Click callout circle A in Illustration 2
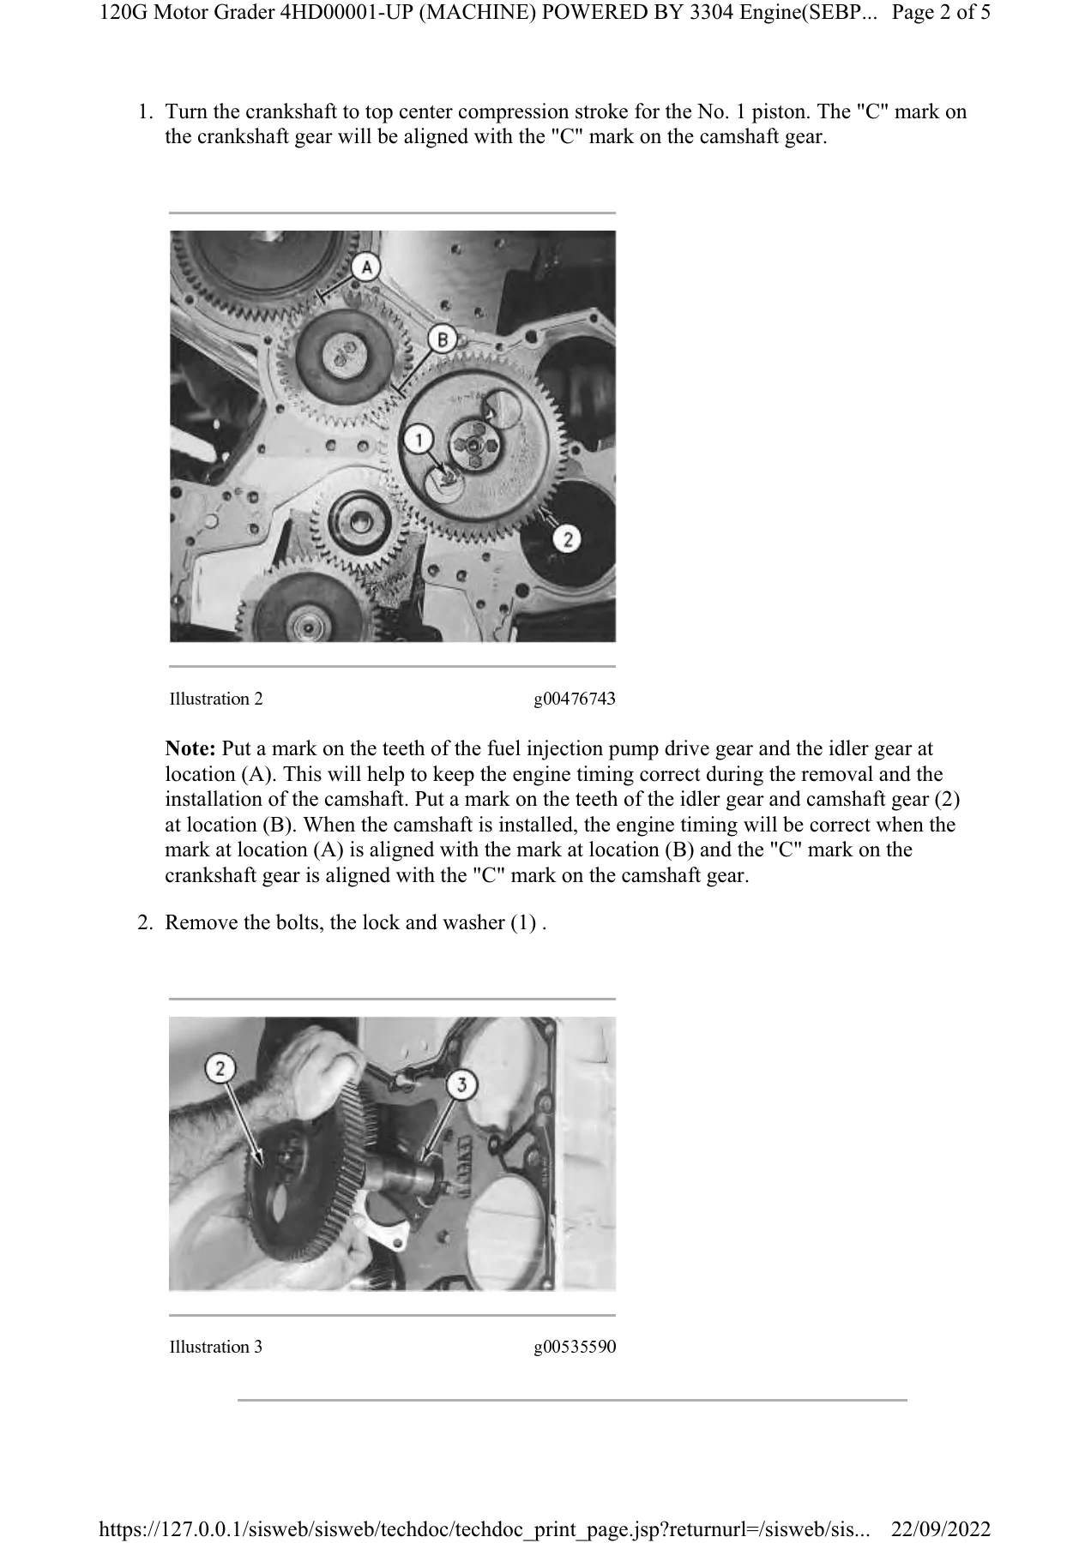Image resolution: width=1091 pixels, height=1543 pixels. (x=366, y=268)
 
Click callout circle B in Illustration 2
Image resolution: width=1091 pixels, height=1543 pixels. (x=442, y=339)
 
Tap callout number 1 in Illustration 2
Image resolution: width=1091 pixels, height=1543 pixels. (x=419, y=441)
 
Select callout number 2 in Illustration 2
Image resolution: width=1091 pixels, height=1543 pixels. (x=567, y=538)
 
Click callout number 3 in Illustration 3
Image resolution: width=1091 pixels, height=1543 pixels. (x=462, y=1085)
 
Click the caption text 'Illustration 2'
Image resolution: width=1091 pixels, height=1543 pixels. (x=216, y=699)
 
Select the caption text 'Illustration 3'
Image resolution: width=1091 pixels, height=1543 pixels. (x=216, y=1347)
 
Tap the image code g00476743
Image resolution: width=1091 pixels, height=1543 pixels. (x=575, y=699)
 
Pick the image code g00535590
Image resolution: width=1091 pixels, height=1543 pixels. (x=575, y=1348)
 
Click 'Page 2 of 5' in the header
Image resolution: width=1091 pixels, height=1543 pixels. (x=942, y=14)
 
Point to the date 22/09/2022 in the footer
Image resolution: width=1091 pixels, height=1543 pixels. (x=942, y=1529)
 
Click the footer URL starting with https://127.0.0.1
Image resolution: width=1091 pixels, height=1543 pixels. (x=485, y=1529)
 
